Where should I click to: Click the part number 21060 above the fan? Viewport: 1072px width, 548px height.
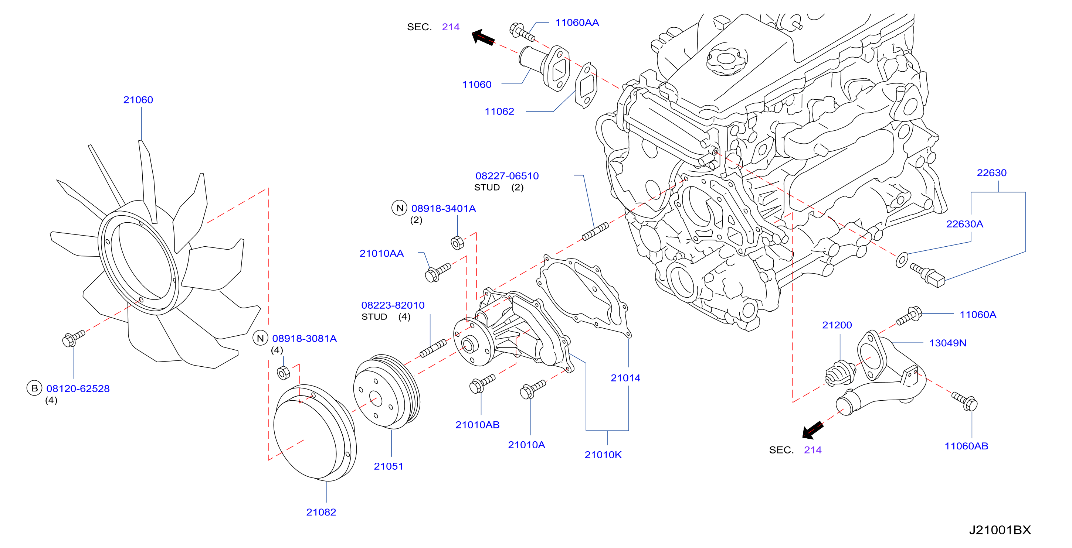coord(138,100)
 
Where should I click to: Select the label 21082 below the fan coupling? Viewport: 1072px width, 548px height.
coord(321,512)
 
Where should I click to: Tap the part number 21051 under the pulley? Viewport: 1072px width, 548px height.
coord(389,466)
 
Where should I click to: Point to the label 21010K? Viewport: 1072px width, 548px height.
coord(603,455)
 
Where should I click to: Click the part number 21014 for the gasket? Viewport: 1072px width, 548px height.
coord(625,378)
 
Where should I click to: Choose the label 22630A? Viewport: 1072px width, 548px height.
coord(965,224)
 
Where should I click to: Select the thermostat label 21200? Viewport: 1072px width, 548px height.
coord(837,325)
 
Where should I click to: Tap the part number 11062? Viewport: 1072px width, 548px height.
coord(499,112)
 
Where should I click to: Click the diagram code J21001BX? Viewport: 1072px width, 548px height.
coord(1000,530)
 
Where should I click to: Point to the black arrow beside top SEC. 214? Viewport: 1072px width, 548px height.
coord(483,37)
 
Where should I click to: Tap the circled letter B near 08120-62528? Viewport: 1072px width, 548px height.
coord(34,388)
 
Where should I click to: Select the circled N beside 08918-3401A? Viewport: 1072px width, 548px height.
coord(400,208)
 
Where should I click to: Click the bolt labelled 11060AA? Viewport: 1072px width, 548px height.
coord(522,32)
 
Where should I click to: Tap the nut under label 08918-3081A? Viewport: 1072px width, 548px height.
coord(284,373)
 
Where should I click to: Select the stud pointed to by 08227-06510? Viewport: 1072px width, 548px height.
coord(595,232)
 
